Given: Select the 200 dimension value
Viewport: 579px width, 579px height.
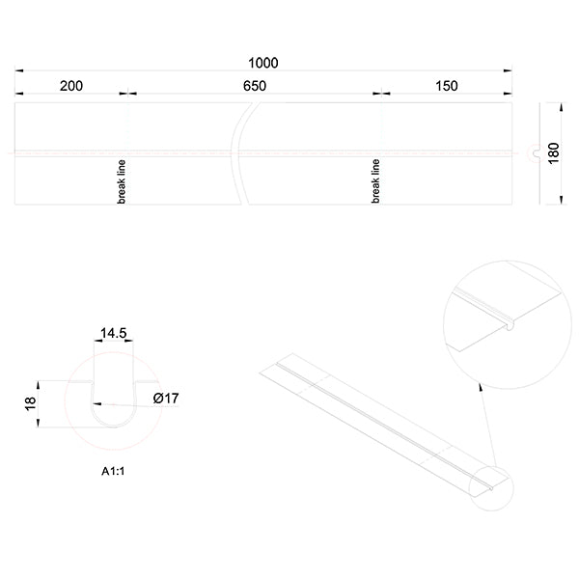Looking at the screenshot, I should pos(70,86).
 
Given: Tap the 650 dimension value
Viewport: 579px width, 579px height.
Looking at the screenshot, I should pos(254,86).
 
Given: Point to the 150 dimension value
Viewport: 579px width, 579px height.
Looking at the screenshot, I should pos(446,86).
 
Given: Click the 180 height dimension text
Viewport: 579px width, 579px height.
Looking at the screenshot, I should pos(553,153).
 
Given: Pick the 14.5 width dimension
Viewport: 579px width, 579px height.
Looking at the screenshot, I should pos(113,333).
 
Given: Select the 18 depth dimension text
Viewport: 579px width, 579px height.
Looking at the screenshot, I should pos(30,404).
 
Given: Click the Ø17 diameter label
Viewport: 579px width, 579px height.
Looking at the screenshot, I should pos(166,398).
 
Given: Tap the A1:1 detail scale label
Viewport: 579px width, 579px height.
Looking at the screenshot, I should pos(116,473).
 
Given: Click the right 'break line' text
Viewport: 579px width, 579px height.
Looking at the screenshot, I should pos(376,180).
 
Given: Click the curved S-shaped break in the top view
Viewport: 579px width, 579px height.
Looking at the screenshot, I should pos(240,153).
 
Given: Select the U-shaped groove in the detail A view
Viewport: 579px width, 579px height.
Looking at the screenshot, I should pos(112,405).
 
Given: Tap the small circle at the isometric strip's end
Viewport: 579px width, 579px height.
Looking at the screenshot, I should pos(490,487).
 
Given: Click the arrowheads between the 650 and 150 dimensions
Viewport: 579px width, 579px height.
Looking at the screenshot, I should pos(381,94).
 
